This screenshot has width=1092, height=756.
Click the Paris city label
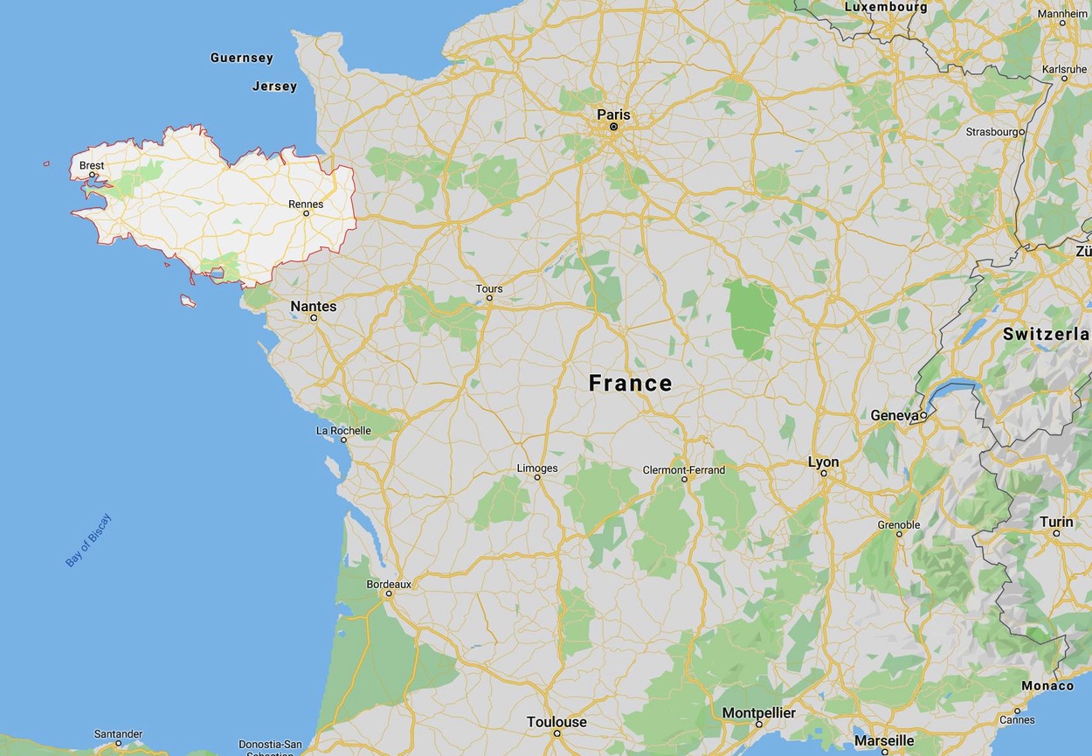(613, 114)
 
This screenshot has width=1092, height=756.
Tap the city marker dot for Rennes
(306, 213)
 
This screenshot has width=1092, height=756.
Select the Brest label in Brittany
(92, 165)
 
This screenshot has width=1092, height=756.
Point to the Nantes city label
(314, 306)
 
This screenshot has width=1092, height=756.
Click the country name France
(631, 383)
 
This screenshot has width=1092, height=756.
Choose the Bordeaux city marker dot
(389, 593)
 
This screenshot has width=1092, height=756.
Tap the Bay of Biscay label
(89, 540)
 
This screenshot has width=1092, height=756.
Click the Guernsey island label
(242, 58)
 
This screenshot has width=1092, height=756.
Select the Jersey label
(275, 86)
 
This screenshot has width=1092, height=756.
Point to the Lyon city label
(823, 461)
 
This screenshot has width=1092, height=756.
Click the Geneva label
(895, 415)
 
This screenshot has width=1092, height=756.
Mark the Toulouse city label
(556, 722)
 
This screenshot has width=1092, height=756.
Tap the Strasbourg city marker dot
(1022, 132)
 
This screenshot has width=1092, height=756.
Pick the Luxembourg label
(886, 7)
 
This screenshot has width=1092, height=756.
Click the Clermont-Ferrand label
(684, 469)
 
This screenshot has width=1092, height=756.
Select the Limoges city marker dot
(537, 477)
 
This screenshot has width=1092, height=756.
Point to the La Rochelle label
(343, 430)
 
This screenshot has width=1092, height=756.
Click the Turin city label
(1056, 522)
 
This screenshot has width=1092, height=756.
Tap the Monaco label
(1047, 685)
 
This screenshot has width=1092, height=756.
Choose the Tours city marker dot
(489, 298)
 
